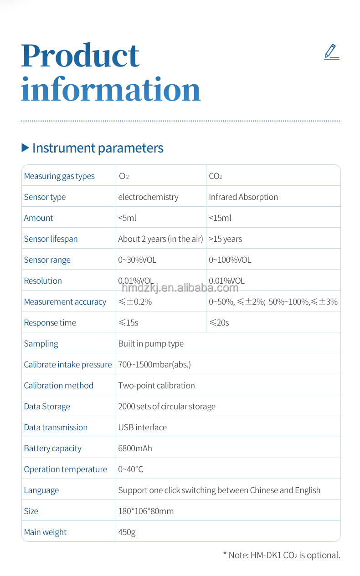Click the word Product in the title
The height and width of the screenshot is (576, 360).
pyautogui.click(x=80, y=56)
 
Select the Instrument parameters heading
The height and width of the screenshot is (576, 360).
pyautogui.click(x=98, y=148)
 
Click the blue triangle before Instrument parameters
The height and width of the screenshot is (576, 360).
pyautogui.click(x=25, y=148)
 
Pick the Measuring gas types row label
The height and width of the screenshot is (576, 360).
pyautogui.click(x=59, y=176)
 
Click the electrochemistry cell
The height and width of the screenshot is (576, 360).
pyautogui.click(x=148, y=197)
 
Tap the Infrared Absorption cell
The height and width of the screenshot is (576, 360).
pyautogui.click(x=243, y=197)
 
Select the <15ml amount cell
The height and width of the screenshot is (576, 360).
pyautogui.click(x=220, y=218)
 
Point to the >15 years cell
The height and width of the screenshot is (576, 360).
pyautogui.click(x=225, y=239)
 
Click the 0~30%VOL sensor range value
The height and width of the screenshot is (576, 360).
pyautogui.click(x=137, y=260)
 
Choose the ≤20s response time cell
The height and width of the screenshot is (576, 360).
pyautogui.click(x=219, y=323)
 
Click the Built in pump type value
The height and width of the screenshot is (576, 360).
pyautogui.click(x=151, y=344)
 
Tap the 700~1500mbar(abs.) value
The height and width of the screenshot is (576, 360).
pyautogui.click(x=154, y=365)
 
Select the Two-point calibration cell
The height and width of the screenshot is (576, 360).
pyautogui.click(x=156, y=386)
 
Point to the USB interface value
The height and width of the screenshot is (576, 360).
pyautogui.click(x=142, y=428)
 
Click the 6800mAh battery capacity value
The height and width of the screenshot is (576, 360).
pyautogui.click(x=135, y=449)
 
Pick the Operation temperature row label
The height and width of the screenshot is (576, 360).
pyautogui.click(x=65, y=469)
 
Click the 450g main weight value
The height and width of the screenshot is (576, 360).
pyautogui.click(x=127, y=532)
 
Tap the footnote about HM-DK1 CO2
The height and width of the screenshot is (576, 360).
pyautogui.click(x=281, y=555)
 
